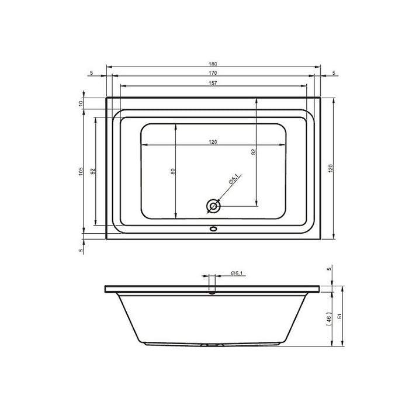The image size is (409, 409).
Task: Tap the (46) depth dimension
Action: point(330,318)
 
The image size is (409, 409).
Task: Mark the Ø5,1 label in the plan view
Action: point(233,182)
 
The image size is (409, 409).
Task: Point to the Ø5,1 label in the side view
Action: point(237,273)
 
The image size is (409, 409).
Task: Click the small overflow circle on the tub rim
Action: point(213,230)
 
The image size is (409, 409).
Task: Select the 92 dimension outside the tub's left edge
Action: point(92,172)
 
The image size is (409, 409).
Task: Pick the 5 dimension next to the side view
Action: point(330,269)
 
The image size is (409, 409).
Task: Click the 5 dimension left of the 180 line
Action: point(92,73)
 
